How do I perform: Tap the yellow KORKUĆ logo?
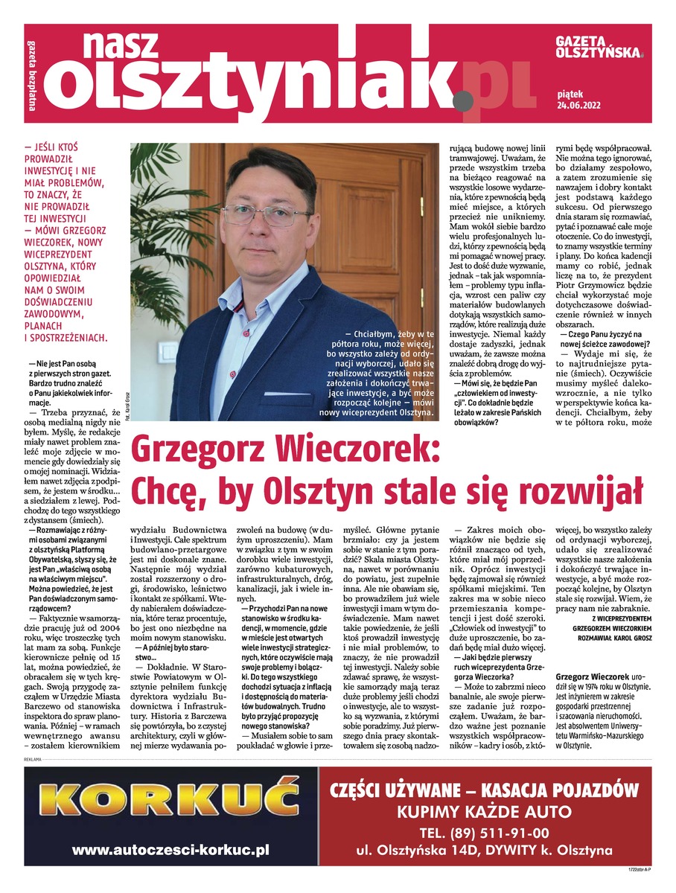169,801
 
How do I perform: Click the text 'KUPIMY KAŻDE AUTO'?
485,810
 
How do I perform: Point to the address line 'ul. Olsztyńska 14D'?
417,851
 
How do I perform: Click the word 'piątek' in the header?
570,94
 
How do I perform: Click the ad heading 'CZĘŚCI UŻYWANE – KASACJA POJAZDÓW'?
485,789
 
